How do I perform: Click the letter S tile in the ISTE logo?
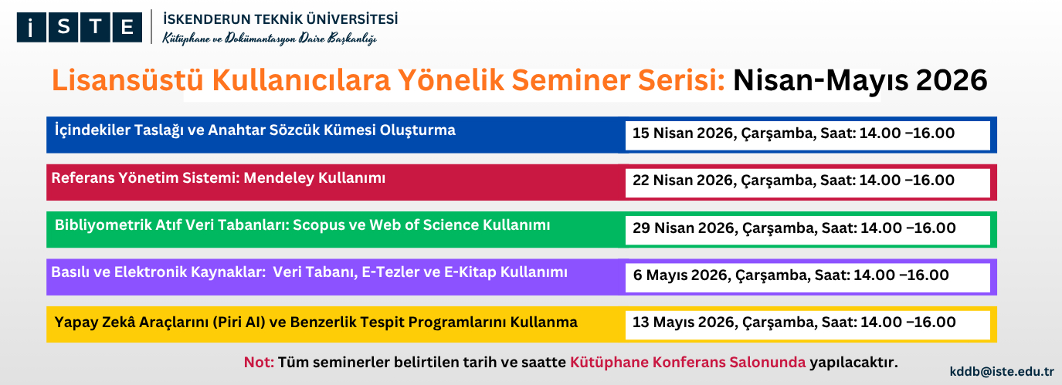(x=63, y=27)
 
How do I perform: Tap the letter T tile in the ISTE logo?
(x=95, y=27)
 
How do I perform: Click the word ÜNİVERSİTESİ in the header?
(x=352, y=19)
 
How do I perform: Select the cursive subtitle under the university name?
(x=270, y=39)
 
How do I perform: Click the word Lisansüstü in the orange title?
(x=127, y=79)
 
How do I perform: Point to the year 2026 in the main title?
(x=952, y=80)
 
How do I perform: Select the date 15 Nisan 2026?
(x=683, y=133)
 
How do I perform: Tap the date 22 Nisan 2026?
(x=683, y=180)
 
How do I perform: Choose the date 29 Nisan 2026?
(x=684, y=228)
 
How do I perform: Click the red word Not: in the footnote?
(x=259, y=363)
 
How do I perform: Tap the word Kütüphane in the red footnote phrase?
(x=609, y=363)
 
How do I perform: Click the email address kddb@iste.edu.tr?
(x=1002, y=372)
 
